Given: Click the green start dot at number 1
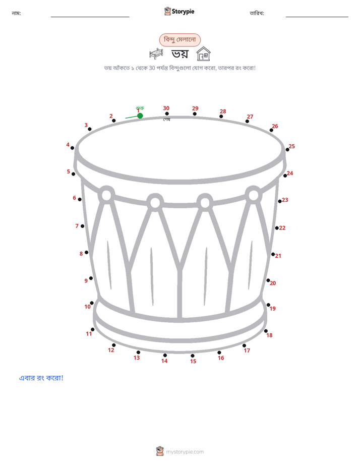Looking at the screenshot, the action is point(140,115).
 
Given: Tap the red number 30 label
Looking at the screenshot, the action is point(166,108).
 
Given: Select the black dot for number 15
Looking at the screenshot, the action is point(193,356).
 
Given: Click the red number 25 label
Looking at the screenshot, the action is point(292,146).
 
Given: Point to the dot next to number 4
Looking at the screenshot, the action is point(72,148).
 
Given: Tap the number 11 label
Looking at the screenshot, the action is point(89,334).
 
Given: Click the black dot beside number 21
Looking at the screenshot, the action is point(273,254).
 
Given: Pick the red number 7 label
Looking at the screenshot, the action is point(77,226).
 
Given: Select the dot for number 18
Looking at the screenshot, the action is point(266,331).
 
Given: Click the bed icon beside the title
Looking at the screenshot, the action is point(156,53).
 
